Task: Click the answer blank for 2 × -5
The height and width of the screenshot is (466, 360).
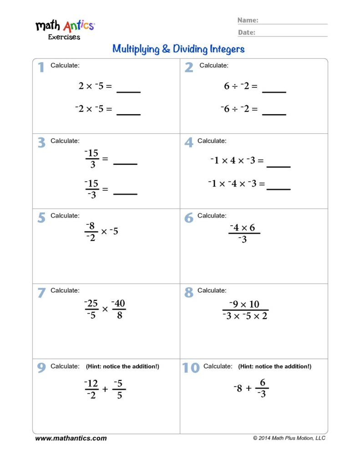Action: pos(128,91)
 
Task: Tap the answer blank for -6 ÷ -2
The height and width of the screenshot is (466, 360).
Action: pos(274,114)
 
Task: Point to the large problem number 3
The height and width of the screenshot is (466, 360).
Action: pos(41,143)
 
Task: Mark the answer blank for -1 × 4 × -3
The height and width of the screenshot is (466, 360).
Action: pos(278,166)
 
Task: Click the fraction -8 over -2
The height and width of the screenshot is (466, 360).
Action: pos(91,232)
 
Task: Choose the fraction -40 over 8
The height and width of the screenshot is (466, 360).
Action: pos(119,309)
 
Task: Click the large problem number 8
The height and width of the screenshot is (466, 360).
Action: pos(189,293)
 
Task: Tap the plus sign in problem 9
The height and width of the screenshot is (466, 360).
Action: pos(105,389)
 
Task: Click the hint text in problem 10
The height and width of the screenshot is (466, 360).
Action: pos(275,366)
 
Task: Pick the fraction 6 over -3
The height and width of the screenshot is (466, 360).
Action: pos(262,389)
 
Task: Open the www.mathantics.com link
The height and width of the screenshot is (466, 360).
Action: pos(71,438)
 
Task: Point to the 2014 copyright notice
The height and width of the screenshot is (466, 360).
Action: pos(289,438)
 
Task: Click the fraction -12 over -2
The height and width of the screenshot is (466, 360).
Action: pos(91,389)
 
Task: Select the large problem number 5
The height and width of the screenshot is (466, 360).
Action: pos(41,218)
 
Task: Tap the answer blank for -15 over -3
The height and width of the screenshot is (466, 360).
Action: pos(125,193)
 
